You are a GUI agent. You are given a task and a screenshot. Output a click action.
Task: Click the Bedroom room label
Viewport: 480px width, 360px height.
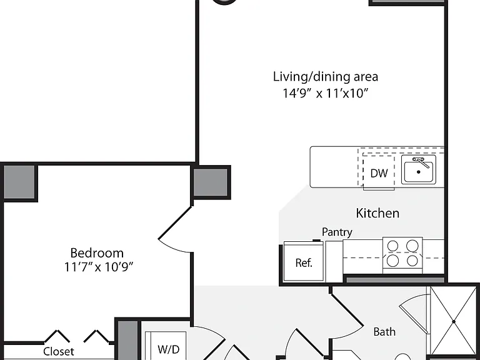[97, 253]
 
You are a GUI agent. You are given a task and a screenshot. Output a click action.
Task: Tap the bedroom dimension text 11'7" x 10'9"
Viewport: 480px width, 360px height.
[99, 267]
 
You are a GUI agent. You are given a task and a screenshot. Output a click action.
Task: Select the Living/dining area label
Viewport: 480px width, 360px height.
[326, 76]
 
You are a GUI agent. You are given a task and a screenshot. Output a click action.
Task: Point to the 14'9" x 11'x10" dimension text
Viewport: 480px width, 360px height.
[325, 92]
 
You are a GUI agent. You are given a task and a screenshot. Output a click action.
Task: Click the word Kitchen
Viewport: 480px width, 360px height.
[377, 213]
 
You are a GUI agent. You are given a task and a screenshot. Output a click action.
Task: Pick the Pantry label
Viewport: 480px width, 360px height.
[337, 232]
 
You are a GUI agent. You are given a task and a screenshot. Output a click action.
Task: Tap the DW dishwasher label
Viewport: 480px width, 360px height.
[379, 173]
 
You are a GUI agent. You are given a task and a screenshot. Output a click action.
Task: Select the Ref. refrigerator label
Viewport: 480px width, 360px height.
[304, 262]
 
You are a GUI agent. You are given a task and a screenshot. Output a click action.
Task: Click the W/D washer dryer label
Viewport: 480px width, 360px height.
[168, 349]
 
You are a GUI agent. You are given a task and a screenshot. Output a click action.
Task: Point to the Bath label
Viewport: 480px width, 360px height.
[384, 331]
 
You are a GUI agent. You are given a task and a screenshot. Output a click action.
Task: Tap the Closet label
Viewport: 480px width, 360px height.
[59, 351]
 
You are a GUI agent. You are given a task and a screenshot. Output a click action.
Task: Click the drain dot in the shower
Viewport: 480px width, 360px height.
[454, 321]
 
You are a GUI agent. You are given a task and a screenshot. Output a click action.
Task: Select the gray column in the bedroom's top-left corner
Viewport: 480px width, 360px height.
[19, 182]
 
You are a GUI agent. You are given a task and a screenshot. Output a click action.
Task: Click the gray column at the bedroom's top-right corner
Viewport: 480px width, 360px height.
[211, 182]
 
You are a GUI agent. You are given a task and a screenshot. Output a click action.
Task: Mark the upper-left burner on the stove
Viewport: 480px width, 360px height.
[392, 246]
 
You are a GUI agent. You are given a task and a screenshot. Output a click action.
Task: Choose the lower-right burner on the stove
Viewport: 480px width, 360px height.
[412, 261]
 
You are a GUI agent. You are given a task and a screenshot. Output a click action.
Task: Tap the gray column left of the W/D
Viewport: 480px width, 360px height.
[128, 341]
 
